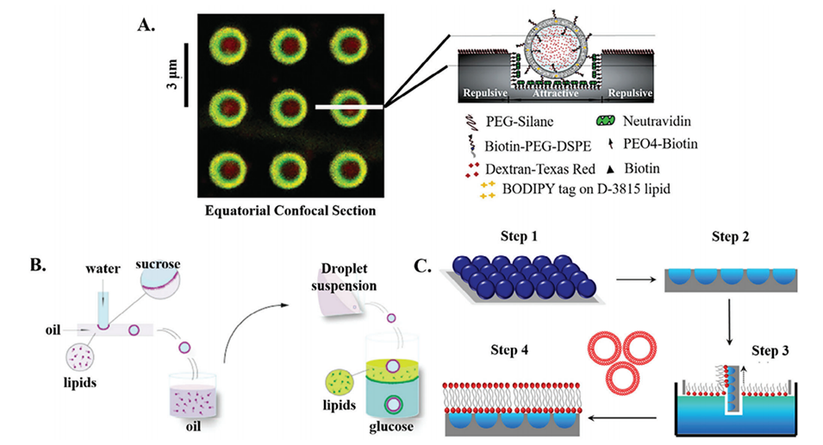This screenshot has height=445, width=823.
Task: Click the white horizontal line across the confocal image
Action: pyautogui.click(x=349, y=108)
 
